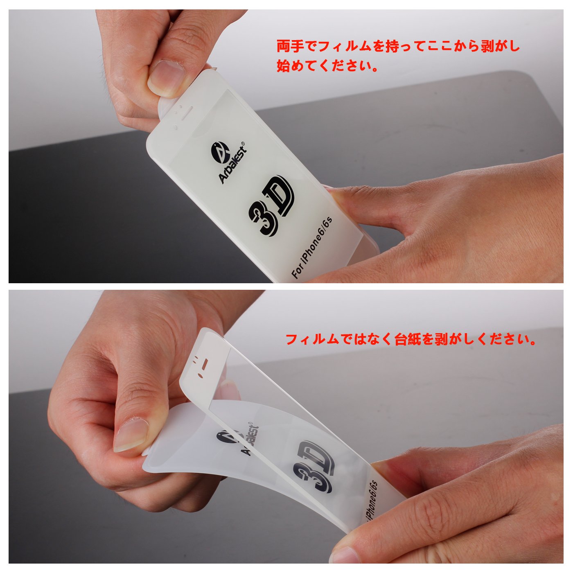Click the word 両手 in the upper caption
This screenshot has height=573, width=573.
tap(290, 47)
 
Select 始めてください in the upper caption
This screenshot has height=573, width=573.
tap(327, 66)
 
